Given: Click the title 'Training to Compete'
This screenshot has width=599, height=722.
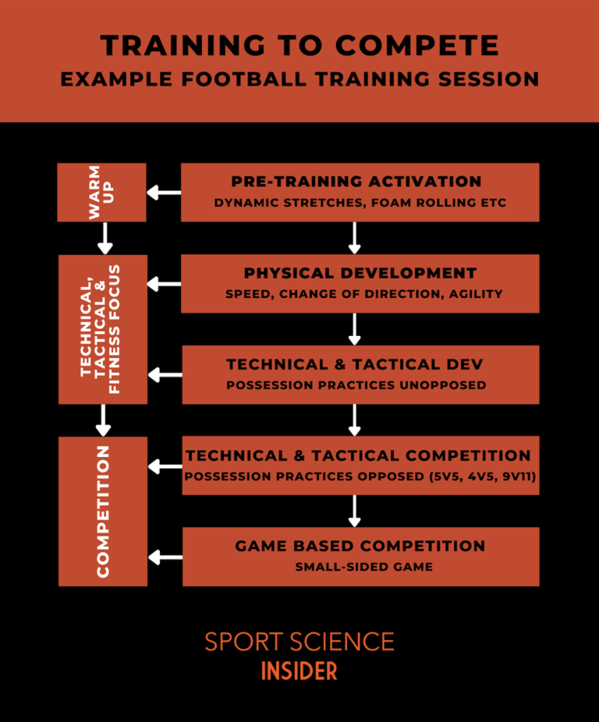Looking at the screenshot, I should [299, 45].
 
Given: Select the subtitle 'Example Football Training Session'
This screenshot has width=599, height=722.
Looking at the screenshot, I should [299, 80].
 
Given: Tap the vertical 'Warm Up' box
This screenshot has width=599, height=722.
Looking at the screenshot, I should [102, 192].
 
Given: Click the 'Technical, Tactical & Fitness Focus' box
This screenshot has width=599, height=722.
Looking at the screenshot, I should [102, 329].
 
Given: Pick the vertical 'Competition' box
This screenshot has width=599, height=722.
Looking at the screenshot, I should [102, 511].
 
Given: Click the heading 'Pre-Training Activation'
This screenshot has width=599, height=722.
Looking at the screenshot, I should [356, 182].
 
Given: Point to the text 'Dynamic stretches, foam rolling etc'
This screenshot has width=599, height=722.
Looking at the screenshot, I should [360, 204].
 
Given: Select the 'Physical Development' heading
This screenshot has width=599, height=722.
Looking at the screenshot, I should [360, 274].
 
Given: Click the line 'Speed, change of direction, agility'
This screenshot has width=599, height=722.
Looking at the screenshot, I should [364, 295].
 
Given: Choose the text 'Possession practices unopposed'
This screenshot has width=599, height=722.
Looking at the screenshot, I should [356, 385].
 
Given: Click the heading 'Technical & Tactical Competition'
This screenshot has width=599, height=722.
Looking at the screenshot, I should [359, 455].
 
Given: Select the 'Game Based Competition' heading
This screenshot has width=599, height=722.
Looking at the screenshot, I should [360, 547].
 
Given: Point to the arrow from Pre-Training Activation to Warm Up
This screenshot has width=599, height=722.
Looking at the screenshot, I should [164, 193].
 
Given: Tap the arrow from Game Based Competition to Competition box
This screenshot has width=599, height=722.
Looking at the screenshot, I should [164, 557].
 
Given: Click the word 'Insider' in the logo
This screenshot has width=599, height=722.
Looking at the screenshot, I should [299, 671].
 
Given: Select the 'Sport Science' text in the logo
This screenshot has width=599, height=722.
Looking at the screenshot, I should [299, 642].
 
